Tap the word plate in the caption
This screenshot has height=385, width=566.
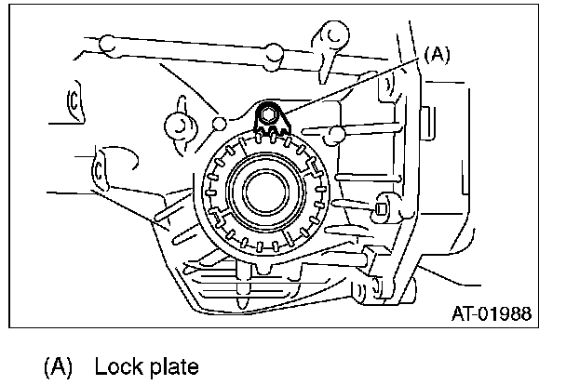[173, 365]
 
